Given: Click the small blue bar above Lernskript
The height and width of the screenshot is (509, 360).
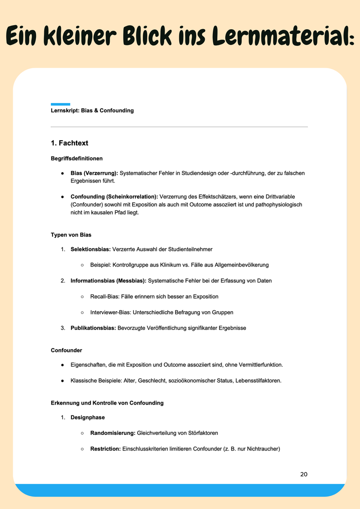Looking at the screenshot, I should (60, 104).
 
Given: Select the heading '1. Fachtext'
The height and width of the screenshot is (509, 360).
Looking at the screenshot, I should (69, 143).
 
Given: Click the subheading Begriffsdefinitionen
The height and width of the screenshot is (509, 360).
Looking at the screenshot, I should (76, 158).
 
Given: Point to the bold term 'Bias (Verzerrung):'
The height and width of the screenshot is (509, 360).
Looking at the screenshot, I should (94, 173).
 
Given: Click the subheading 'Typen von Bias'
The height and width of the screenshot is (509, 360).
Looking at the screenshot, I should (71, 235).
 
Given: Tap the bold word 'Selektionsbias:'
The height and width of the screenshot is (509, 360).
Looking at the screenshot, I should (90, 249).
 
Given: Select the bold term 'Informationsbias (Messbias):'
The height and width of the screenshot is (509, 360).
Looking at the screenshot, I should (108, 281).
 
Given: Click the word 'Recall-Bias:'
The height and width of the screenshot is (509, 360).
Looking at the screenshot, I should (105, 296).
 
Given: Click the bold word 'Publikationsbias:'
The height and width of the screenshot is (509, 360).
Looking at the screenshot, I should (93, 328).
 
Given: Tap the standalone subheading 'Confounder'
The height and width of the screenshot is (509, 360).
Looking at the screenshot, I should (67, 350).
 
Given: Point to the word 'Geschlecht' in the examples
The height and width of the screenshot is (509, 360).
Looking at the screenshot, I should (151, 380).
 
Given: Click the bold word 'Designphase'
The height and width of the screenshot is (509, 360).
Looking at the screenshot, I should (88, 417).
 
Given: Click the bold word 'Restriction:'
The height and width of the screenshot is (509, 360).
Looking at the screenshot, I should (105, 448).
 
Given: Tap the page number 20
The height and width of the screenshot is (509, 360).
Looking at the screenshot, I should (304, 474).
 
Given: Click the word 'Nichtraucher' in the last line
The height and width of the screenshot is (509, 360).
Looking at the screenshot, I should (261, 448).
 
